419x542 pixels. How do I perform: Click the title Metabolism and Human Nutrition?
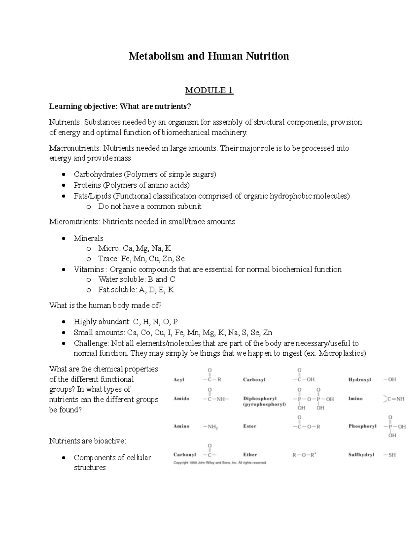pyautogui.click(x=209, y=56)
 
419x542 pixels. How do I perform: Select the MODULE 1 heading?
pyautogui.click(x=209, y=91)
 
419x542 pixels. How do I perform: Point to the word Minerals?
pyautogui.click(x=88, y=238)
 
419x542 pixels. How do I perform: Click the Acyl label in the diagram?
pyautogui.click(x=179, y=380)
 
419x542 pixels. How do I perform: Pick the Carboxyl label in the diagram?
pyautogui.click(x=254, y=380)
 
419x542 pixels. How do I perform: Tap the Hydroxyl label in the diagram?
pyautogui.click(x=360, y=380)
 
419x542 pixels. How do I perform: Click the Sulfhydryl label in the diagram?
pyautogui.click(x=361, y=455)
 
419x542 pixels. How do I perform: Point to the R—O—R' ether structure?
pyautogui.click(x=304, y=455)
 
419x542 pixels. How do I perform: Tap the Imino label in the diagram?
pyautogui.click(x=355, y=399)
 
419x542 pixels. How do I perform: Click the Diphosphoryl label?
pyautogui.click(x=260, y=399)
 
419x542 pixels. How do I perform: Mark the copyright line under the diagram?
pyautogui.click(x=220, y=463)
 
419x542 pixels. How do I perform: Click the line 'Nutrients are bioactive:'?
pyautogui.click(x=87, y=441)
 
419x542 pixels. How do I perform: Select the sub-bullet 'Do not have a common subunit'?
pyautogui.click(x=150, y=207)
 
